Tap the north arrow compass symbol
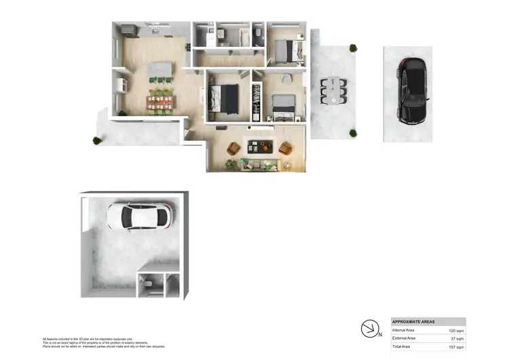369,329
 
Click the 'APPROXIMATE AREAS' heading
414,321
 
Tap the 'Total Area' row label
401,347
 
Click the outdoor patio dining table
333,91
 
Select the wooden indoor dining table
162,103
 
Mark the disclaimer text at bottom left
102,342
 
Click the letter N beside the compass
379,334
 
